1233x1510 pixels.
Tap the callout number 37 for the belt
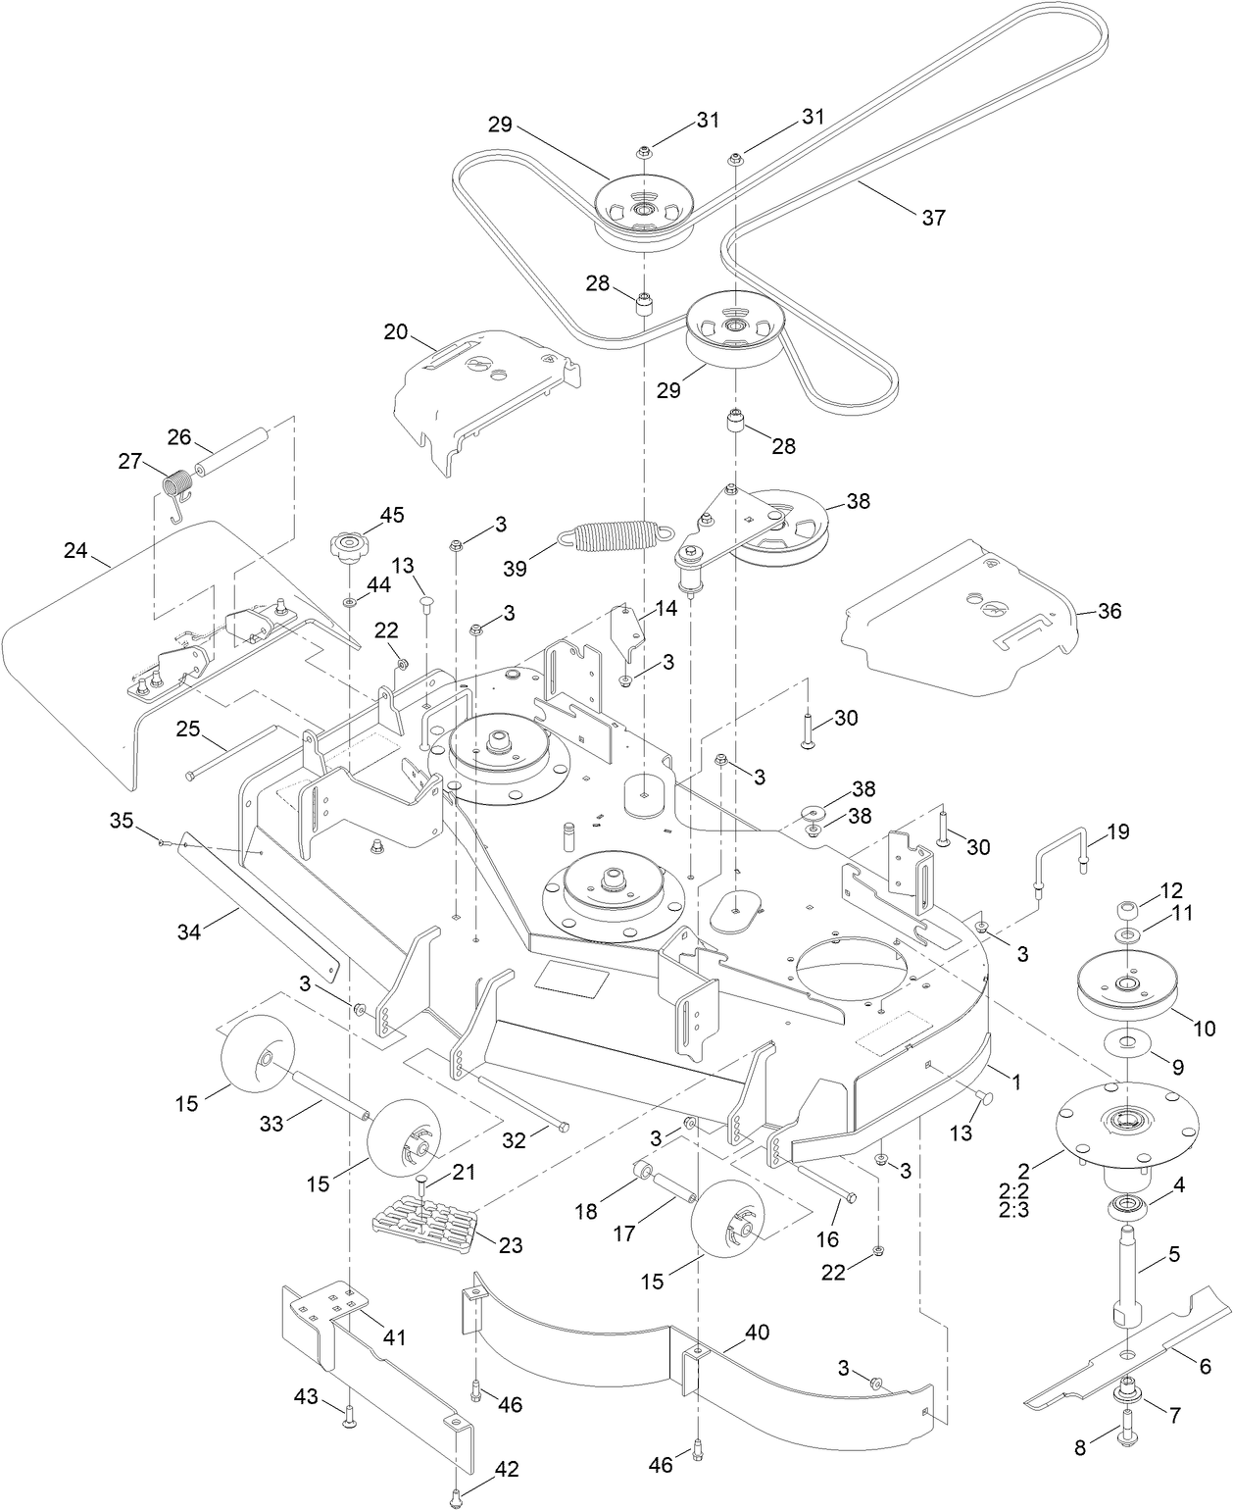[x=933, y=217]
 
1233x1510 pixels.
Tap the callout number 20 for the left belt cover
[x=395, y=331]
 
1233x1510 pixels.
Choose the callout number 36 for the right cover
[x=1109, y=611]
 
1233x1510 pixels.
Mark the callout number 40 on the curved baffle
[x=757, y=1333]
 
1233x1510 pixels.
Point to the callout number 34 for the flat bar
[x=188, y=931]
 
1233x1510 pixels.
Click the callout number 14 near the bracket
[x=666, y=608]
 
